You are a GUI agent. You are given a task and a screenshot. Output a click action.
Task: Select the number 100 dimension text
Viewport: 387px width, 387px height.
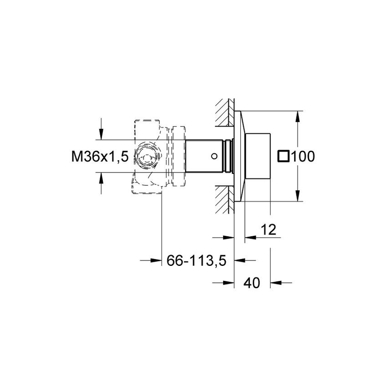click(303, 157)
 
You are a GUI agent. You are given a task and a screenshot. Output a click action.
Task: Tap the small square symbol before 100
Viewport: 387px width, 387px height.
click(283, 157)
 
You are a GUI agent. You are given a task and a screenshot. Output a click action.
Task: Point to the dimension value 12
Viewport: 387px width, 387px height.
click(269, 230)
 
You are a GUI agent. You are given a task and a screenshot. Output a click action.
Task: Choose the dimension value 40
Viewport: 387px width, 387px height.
click(251, 283)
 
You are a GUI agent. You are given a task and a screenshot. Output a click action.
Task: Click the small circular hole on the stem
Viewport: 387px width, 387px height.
click(214, 156)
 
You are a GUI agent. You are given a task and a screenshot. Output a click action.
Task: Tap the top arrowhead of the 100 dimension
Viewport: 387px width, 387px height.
click(298, 116)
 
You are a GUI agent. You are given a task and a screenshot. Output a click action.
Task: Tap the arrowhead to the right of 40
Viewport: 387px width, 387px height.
click(275, 283)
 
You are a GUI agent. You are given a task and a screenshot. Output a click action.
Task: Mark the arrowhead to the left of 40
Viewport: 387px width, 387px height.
click(228, 283)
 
